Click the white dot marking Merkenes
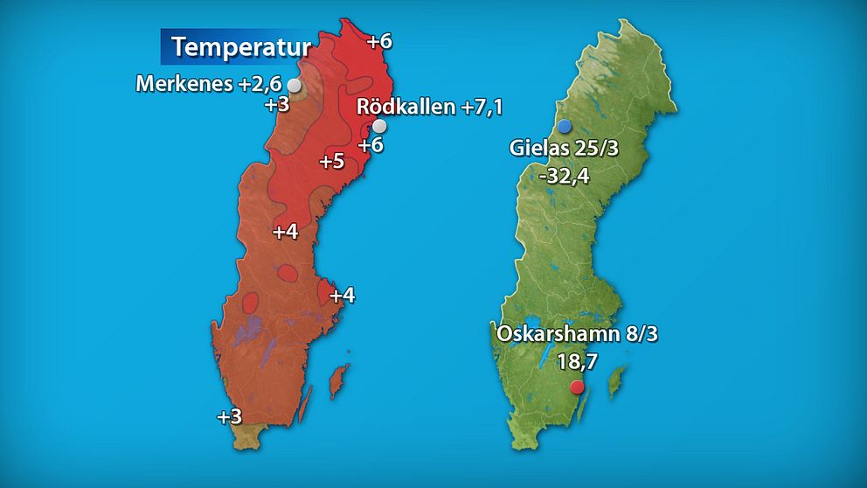coord(295,86)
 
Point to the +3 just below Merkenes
coord(276,105)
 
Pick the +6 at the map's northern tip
coord(379,41)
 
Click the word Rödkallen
coord(406,107)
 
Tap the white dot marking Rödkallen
coord(379,126)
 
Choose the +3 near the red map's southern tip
coord(229,417)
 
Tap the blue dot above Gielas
coord(565,126)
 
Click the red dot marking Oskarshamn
coord(576,387)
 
